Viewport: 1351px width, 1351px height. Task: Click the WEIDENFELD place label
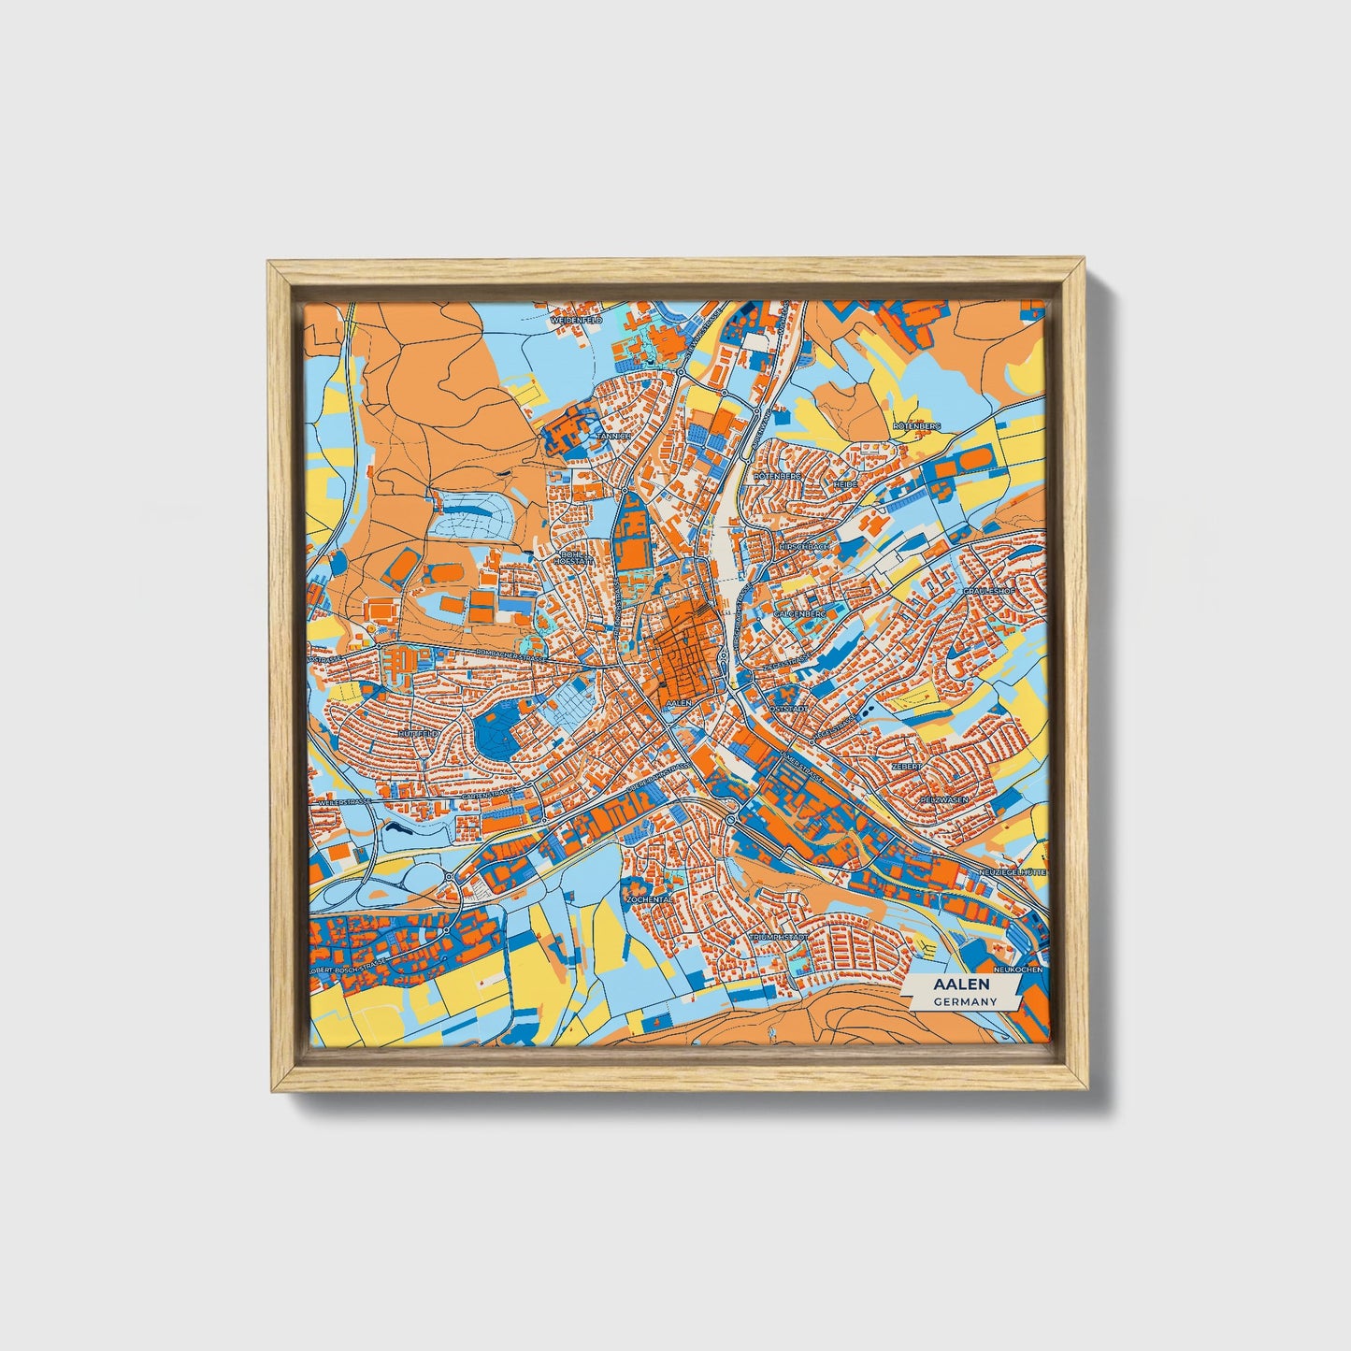pos(577,320)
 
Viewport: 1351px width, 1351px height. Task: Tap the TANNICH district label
pos(617,436)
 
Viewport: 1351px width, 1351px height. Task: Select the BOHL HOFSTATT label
pos(574,558)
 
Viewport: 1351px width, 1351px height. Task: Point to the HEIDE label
pos(844,484)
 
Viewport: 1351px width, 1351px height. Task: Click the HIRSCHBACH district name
pos(803,545)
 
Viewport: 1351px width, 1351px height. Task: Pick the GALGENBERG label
pos(800,613)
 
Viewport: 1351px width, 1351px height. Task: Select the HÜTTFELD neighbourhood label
pos(417,735)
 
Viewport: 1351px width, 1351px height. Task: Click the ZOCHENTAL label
pos(650,898)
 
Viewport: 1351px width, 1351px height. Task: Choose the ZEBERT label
pos(907,765)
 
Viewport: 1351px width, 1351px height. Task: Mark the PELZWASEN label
pos(942,800)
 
